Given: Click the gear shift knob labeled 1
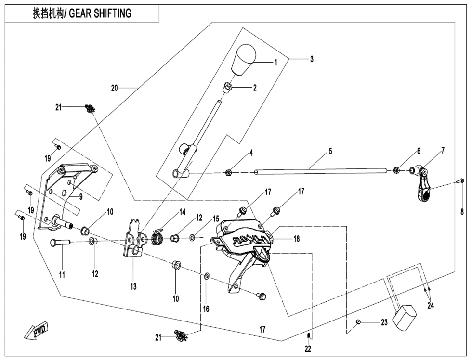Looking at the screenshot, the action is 243,60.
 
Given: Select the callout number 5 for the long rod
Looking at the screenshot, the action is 330,151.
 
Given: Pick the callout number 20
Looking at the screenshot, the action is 115,89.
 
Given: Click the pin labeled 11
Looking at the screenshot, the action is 60,242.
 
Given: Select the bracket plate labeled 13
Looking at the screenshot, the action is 133,240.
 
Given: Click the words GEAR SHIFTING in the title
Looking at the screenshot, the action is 100,13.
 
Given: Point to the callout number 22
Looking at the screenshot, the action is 308,348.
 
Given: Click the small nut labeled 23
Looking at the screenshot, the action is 358,322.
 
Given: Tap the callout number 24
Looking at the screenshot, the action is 431,305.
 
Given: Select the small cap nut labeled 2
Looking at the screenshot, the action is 228,88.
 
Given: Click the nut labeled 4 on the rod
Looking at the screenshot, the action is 228,173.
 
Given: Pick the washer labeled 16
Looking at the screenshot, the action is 207,276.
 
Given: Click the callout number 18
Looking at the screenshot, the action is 297,239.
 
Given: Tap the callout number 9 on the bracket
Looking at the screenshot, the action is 81,197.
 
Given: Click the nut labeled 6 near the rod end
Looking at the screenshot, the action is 396,171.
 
